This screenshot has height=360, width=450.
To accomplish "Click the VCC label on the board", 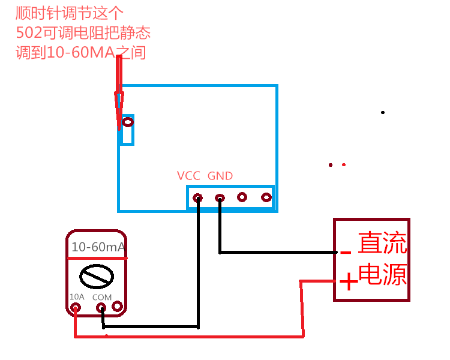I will tap(188, 176).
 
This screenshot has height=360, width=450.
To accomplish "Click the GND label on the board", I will tap(220, 176).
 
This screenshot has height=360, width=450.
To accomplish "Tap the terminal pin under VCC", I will tap(197, 197).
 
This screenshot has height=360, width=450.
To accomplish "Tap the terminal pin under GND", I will tap(220, 197).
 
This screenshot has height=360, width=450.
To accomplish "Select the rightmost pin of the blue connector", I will tap(266, 197).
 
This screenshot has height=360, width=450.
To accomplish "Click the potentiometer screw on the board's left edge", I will tap(127, 122).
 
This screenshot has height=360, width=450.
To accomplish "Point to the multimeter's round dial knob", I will tap(96, 276).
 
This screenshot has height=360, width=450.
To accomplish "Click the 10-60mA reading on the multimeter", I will tap(98, 247).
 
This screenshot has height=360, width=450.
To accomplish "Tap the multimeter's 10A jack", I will tap(76, 308).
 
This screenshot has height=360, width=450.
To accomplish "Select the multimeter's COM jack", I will tap(101, 308).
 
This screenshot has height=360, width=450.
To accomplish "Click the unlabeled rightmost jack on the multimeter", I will tap(116, 306).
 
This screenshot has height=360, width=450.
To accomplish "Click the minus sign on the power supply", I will tap(345, 253).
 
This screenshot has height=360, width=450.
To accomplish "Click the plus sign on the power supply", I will tap(347, 281).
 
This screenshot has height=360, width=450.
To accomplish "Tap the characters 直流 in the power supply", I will tap(382, 244).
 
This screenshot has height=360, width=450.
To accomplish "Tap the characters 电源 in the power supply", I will tap(382, 274).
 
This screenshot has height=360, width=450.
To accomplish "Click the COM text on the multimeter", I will tap(102, 297).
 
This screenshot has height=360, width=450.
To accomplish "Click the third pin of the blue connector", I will tap(242, 197).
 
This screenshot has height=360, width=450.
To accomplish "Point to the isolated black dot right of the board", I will tap(383, 112).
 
